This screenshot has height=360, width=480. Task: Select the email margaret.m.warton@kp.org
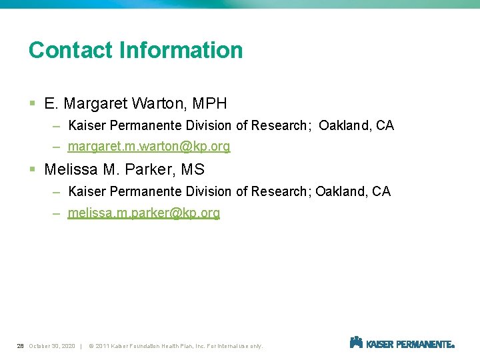pos(149,147)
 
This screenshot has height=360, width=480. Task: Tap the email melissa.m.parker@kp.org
pos(143,213)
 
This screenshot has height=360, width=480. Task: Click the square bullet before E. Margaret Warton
pos(33,104)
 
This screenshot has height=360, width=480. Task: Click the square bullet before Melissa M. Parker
pos(33,170)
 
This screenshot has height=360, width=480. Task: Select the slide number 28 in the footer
pos(21,346)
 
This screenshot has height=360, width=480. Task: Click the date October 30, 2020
pos(52,346)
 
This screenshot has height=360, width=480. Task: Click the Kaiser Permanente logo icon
pos(356,343)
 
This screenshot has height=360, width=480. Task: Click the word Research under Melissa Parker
pos(280,192)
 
